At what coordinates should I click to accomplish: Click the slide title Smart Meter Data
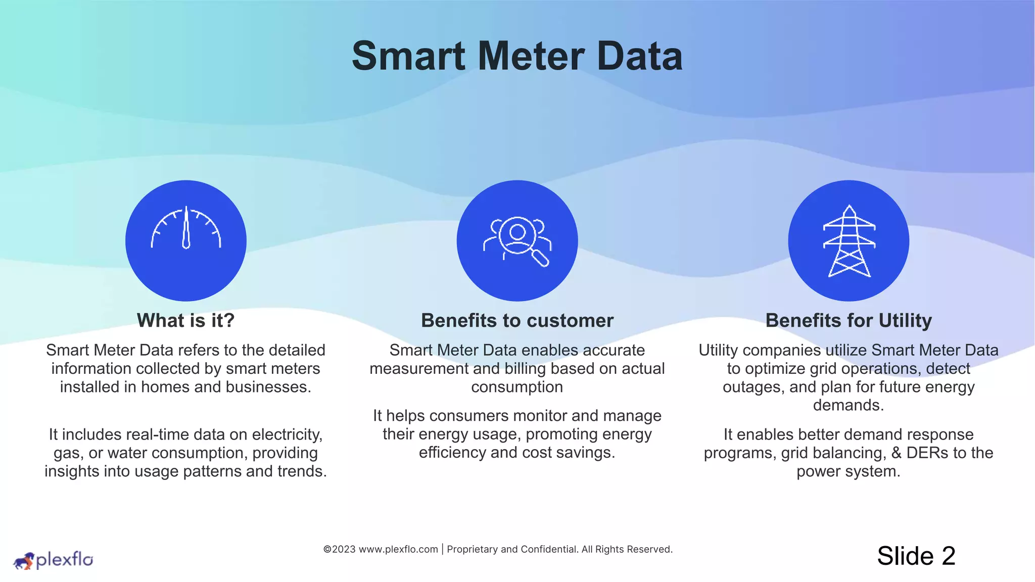[517, 56]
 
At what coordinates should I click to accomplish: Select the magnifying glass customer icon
[517, 240]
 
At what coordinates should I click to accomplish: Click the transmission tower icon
[849, 240]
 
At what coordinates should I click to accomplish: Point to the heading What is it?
[186, 320]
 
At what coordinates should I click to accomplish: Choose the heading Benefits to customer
[517, 320]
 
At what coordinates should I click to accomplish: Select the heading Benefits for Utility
[849, 320]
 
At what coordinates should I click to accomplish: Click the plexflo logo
[53, 560]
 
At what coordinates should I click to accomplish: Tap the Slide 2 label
[916, 556]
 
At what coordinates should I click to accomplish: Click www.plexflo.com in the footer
[398, 549]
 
